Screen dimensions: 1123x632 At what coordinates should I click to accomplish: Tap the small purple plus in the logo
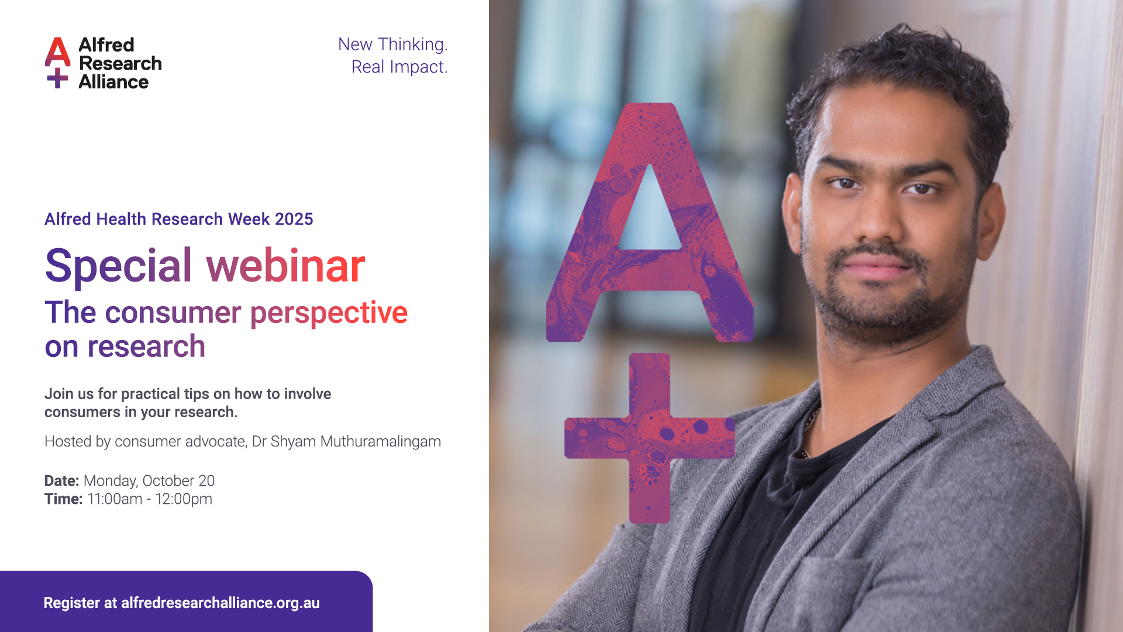click(57, 78)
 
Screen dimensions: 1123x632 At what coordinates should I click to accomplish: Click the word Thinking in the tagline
click(412, 45)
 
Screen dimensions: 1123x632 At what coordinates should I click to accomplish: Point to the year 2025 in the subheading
click(294, 219)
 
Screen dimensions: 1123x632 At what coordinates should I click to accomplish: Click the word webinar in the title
click(286, 266)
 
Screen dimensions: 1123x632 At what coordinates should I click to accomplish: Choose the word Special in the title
click(119, 267)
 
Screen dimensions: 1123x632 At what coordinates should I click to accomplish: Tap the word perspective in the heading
click(329, 314)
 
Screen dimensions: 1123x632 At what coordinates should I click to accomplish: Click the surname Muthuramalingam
click(381, 441)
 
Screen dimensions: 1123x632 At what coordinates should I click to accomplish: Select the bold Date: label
click(62, 481)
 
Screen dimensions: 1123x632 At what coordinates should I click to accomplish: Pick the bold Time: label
click(64, 499)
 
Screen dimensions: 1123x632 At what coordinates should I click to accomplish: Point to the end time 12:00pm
click(184, 499)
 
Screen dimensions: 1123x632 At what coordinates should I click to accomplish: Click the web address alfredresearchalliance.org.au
click(221, 603)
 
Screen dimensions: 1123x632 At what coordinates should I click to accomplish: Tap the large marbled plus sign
click(650, 438)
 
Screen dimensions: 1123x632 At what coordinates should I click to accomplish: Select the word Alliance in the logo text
click(113, 83)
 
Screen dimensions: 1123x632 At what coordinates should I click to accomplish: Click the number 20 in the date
click(206, 481)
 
